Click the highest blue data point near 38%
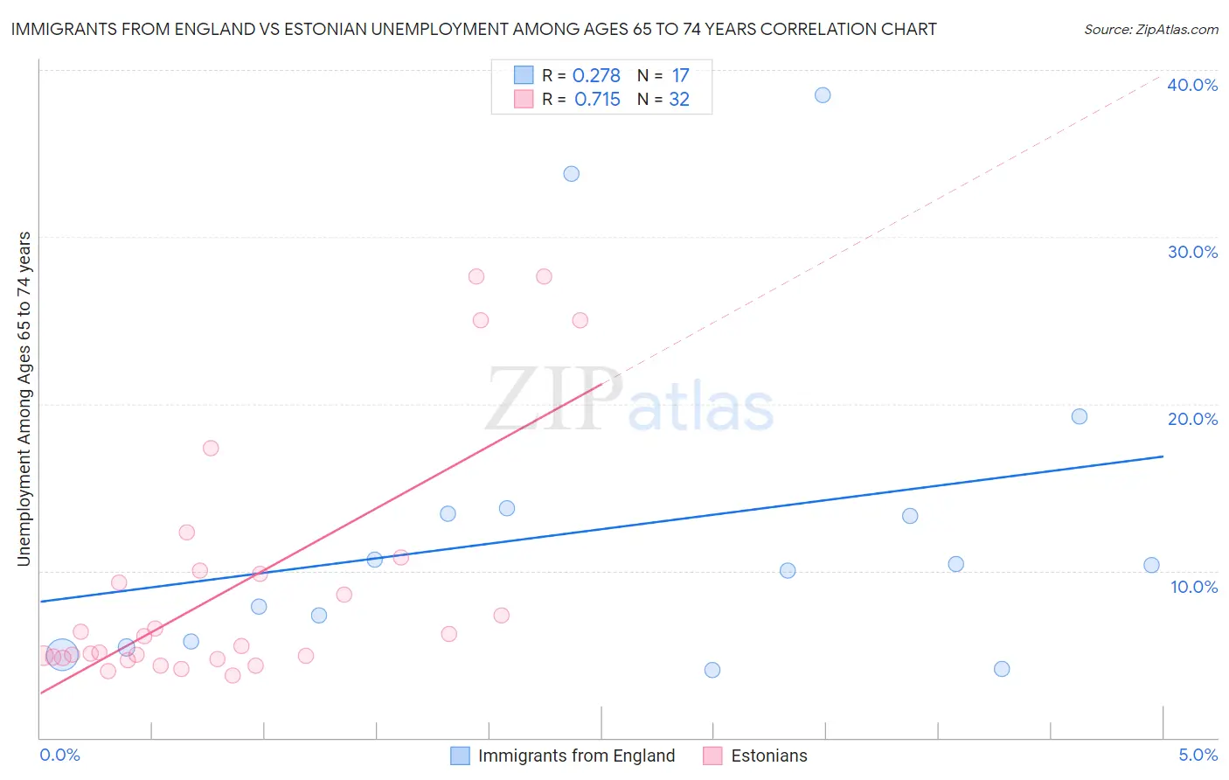[x=823, y=95]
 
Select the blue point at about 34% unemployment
[x=572, y=174]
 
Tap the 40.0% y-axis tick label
[x=1192, y=85]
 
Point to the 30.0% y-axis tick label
[x=1192, y=252]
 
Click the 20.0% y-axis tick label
[x=1192, y=419]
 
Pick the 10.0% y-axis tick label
[x=1194, y=587]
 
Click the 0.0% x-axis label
[x=60, y=755]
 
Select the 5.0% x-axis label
[x=1198, y=755]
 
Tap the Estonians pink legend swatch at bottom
[x=713, y=756]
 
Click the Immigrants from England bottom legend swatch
[x=460, y=756]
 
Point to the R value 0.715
[x=597, y=100]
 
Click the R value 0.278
[x=596, y=76]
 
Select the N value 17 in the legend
[x=680, y=76]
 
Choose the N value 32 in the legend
[x=679, y=100]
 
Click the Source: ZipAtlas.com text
[x=1150, y=30]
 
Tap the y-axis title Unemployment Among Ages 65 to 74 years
[x=24, y=399]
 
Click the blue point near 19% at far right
[x=1080, y=416]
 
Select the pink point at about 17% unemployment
[x=211, y=449]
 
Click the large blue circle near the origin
[x=62, y=654]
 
